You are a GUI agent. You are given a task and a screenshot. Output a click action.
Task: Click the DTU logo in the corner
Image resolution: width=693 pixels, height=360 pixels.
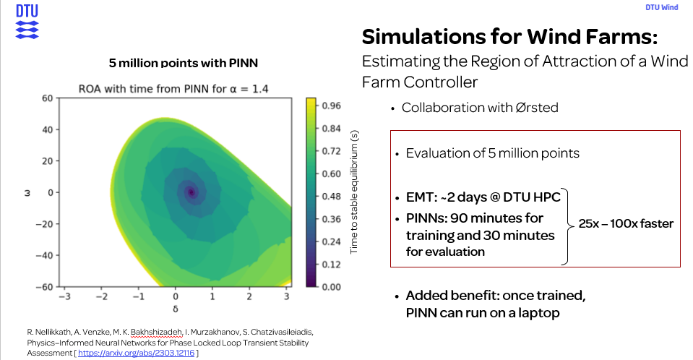[27, 21]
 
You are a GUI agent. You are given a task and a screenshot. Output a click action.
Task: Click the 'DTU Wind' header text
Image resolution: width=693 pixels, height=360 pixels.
[661, 8]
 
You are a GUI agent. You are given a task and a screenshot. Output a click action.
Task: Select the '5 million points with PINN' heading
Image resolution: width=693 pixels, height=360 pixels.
[183, 63]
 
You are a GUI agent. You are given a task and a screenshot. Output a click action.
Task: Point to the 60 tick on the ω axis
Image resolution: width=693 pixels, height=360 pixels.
[47, 98]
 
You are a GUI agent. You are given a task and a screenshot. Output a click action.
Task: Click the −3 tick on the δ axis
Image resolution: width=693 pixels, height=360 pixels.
[65, 296]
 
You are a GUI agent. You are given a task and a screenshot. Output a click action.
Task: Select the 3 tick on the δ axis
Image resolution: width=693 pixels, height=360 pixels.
[287, 296]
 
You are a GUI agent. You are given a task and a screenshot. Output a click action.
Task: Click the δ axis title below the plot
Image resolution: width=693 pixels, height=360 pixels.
[176, 307]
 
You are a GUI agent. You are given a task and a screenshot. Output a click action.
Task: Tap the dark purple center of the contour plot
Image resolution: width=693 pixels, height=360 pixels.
[191, 192]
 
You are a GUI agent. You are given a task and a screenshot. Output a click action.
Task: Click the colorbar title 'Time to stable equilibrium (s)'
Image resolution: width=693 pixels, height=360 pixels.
[354, 192]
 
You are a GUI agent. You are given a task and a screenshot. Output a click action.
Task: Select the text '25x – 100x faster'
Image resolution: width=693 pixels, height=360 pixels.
[626, 224]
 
